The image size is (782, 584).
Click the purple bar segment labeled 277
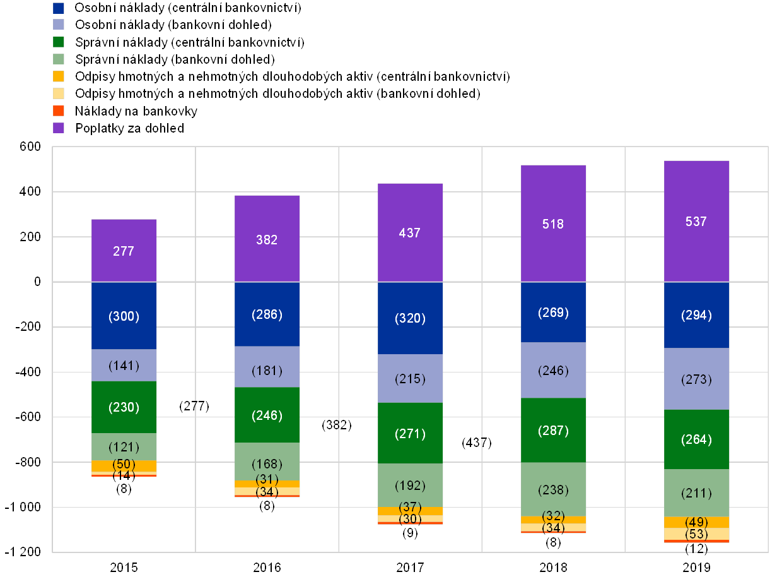click(124, 251)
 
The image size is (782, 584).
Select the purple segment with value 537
click(697, 221)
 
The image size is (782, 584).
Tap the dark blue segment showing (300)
click(124, 316)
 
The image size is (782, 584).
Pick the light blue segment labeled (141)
click(124, 365)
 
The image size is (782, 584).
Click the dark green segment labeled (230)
click(124, 407)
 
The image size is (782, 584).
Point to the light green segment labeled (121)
click(124, 447)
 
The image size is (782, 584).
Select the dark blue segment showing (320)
click(411, 318)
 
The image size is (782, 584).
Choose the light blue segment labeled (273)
click(697, 379)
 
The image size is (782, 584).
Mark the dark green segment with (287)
click(554, 431)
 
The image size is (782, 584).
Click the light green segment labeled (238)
click(554, 489)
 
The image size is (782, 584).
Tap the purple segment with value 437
click(411, 232)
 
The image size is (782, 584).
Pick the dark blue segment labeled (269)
click(554, 313)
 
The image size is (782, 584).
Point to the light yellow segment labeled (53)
click(697, 534)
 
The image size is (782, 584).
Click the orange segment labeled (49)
click(697, 522)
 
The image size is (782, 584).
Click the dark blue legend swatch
click(59, 8)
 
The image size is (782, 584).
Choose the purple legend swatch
click(59, 128)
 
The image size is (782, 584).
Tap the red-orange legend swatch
click(59, 110)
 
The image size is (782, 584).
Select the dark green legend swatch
click(59, 42)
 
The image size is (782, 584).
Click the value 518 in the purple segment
click(554, 223)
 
